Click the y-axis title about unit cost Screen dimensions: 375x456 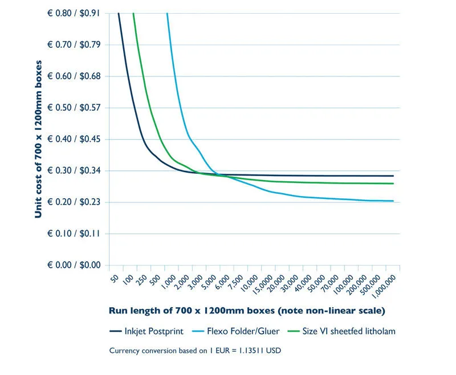pos(39,138)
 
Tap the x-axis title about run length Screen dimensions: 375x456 pos(247,311)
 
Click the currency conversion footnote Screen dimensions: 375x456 pos(195,350)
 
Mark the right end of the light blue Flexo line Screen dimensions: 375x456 pos(393,201)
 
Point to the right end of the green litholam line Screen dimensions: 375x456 pos(393,184)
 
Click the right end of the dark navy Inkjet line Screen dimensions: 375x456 pos(393,176)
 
